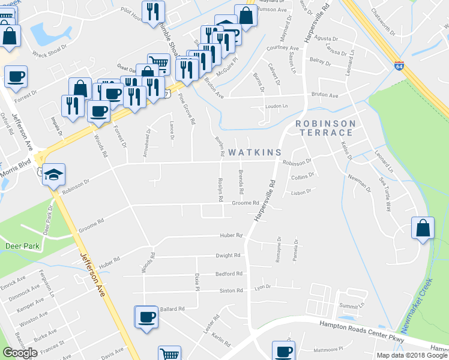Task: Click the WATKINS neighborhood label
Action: [246, 153]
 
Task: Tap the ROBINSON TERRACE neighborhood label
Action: [325, 130]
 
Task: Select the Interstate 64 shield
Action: [399, 65]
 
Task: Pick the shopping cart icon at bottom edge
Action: [170, 354]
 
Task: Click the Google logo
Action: [20, 353]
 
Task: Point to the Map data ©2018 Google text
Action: [411, 355]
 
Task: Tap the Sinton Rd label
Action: [231, 290]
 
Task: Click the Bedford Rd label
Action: [229, 274]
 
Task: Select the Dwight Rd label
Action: [228, 255]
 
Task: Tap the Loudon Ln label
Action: [277, 106]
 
